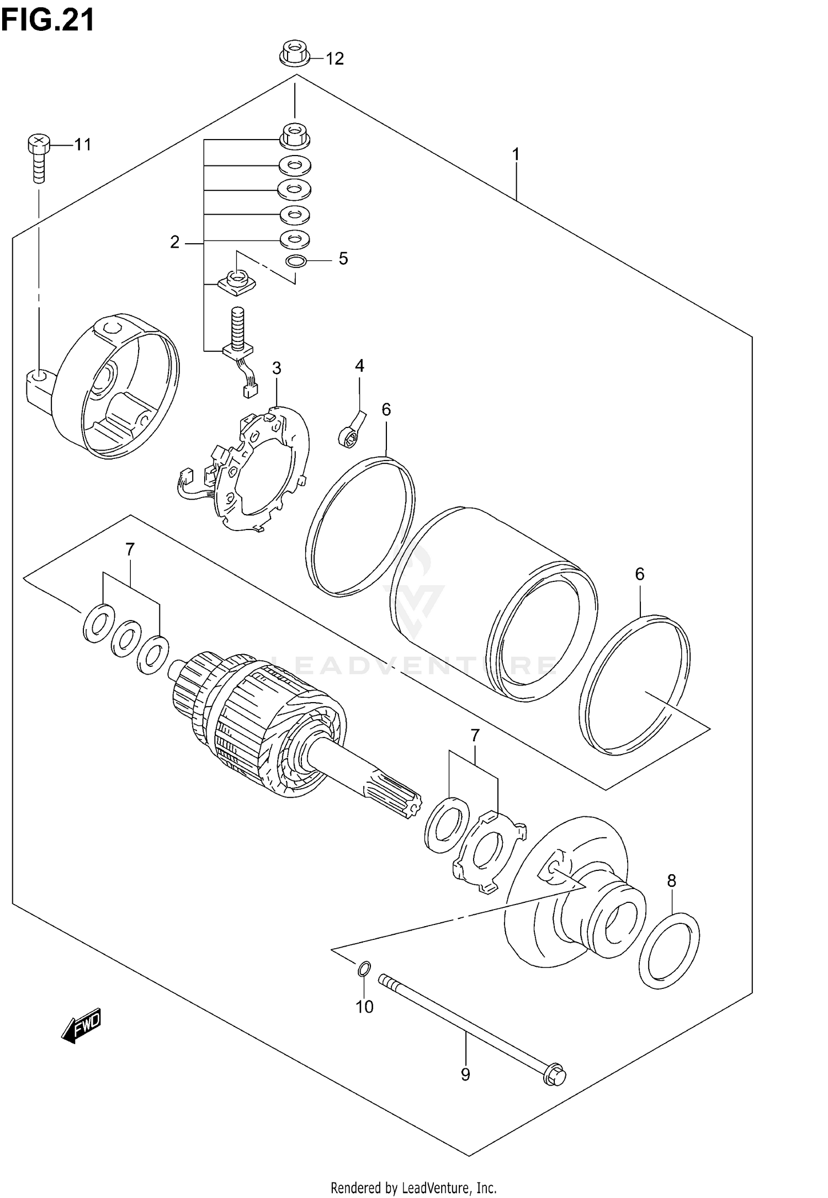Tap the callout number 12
(335, 58)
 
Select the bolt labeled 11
(38, 157)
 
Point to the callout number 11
(82, 145)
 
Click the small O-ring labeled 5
(296, 261)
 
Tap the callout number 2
(174, 242)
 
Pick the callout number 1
(516, 154)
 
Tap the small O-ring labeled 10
(364, 968)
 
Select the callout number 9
(465, 1074)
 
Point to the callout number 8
(671, 881)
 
